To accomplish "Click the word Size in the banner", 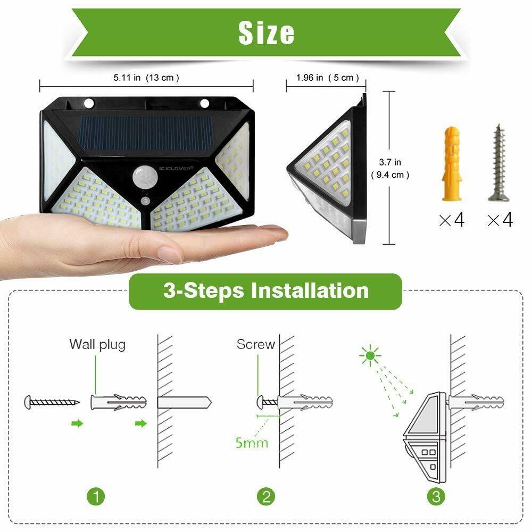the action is [267, 33].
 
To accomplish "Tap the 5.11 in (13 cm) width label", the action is [146, 78].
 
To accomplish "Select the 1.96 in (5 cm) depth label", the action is [327, 78].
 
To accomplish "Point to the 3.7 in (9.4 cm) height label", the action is [390, 169].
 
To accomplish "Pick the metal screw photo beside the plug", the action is [498, 163].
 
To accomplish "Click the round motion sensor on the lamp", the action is [145, 177].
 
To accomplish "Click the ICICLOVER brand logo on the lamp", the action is [176, 168].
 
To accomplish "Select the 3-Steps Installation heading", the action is [265, 291].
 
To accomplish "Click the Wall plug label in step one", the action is [97, 345].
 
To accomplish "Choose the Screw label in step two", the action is [256, 344].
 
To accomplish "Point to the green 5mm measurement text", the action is [252, 443].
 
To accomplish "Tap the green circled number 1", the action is [96, 497].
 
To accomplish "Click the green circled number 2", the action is [266, 497].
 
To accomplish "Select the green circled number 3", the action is [436, 497].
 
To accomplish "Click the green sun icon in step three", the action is [370, 355].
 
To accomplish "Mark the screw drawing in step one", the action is [52, 402].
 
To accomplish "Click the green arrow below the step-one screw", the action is [77, 423].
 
